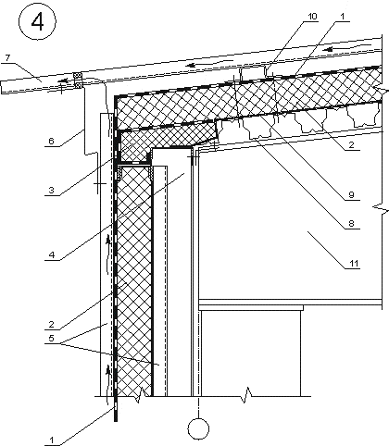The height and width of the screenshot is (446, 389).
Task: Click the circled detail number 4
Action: (38, 22)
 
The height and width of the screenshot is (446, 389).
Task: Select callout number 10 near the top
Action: (312, 17)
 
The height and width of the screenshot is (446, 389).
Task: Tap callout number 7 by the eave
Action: (7, 57)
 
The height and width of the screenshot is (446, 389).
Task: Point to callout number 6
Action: (51, 141)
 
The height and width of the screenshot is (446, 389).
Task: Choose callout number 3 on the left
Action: (51, 190)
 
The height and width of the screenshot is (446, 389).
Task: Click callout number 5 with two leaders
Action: (51, 338)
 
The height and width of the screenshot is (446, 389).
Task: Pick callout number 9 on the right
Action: (351, 194)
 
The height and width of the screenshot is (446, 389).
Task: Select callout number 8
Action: (351, 223)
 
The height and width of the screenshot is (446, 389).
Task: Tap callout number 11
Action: (354, 263)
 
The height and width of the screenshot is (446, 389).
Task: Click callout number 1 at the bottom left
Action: (52, 440)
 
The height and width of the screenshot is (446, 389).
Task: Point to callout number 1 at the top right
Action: (342, 17)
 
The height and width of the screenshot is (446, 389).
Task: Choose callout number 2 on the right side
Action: (351, 144)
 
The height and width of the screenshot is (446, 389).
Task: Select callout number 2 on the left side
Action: (51, 324)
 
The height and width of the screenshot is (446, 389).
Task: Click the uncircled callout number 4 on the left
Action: (52, 254)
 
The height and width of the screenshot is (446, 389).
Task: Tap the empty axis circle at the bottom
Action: (198, 428)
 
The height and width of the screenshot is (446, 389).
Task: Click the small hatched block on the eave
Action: (78, 81)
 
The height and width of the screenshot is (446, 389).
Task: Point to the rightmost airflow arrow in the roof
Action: (330, 49)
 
